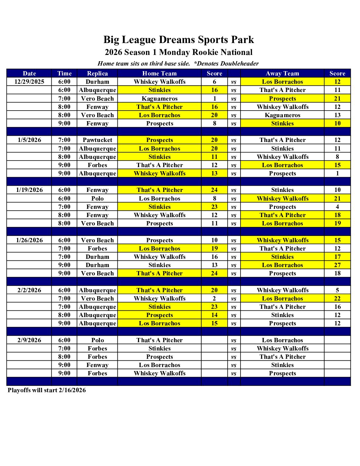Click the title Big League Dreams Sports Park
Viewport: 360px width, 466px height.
179,40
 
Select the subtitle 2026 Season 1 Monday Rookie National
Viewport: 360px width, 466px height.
179,52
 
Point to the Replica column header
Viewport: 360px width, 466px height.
97,73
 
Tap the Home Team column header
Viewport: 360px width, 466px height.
159,73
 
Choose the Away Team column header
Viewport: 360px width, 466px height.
282,73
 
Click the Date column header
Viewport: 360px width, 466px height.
29,73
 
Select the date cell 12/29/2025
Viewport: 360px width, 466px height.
29,82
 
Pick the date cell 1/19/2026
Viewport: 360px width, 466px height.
29,190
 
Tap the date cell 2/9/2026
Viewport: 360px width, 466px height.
29,340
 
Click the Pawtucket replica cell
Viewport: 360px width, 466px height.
97,140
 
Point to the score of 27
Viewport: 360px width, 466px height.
337,265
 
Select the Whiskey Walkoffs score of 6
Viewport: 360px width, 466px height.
214,82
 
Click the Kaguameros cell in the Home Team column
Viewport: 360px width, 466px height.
159,99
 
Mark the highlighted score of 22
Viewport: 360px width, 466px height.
337,299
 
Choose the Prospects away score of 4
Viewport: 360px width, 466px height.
337,207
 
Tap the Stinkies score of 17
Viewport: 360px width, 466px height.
337,257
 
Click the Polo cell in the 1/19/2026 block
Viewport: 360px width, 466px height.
97,199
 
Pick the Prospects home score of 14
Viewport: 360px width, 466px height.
214,315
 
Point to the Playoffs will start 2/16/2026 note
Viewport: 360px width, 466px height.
47,390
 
